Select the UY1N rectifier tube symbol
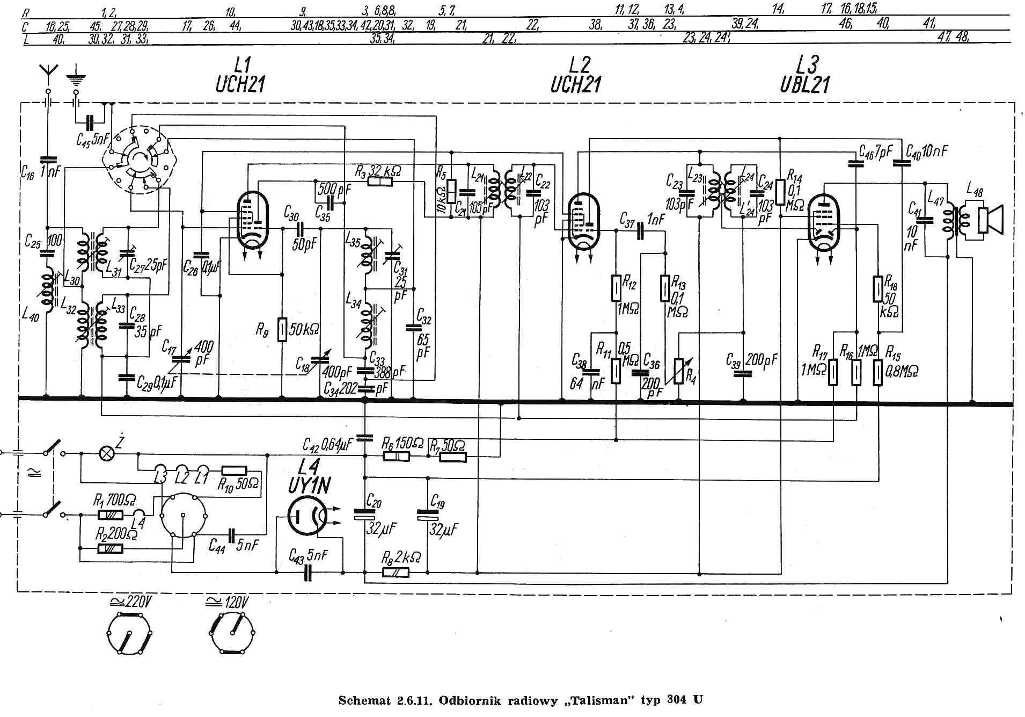(x=306, y=516)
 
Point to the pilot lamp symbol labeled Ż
(x=107, y=454)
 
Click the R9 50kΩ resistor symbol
(x=282, y=329)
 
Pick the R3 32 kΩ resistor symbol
(x=380, y=182)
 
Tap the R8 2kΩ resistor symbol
(x=396, y=573)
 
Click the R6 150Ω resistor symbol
(x=397, y=457)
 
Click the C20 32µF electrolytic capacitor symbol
(x=365, y=515)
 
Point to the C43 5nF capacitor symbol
(x=307, y=573)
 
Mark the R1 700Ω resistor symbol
(x=111, y=515)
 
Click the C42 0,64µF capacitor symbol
(x=365, y=437)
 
